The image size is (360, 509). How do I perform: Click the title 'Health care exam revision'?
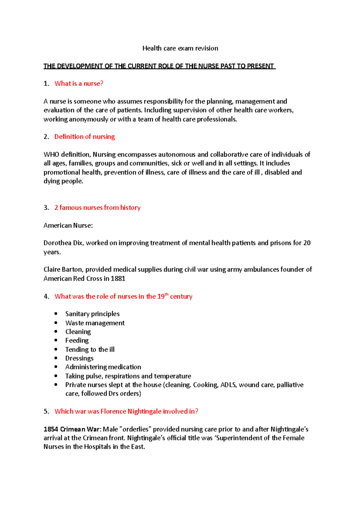(180, 48)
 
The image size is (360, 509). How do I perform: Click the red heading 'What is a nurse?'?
(79, 84)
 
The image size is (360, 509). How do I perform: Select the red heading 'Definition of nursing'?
(84, 137)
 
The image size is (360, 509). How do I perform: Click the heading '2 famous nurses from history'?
(97, 208)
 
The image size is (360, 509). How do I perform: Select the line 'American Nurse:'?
(68, 225)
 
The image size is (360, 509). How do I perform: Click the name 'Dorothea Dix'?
(63, 243)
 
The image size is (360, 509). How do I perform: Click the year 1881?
(118, 278)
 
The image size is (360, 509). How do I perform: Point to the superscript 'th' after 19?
(167, 294)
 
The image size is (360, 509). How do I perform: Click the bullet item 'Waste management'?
(95, 323)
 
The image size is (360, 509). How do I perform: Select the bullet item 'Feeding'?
(77, 341)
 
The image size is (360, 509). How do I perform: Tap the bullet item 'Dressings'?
(79, 358)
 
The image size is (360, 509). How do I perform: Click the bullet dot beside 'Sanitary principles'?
(56, 314)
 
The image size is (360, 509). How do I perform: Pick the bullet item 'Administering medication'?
(103, 367)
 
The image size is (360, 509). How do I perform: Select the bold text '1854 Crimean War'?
(72, 429)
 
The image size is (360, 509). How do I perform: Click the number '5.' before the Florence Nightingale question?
(46, 412)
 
